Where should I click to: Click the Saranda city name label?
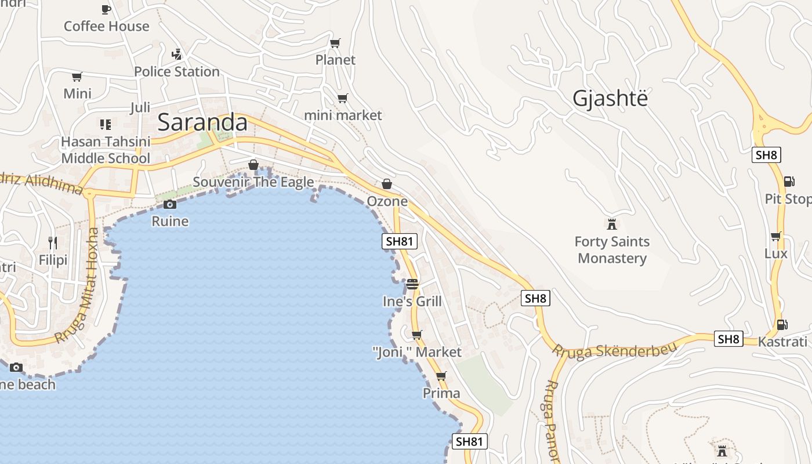[x=202, y=122]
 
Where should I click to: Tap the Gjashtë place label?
[x=610, y=99]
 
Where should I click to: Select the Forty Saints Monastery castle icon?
[x=611, y=224]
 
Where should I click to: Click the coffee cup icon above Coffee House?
[x=106, y=9]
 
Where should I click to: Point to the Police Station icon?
[x=177, y=55]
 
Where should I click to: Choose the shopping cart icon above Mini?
[x=77, y=77]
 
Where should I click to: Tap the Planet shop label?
[x=335, y=60]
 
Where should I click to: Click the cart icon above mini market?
[x=343, y=98]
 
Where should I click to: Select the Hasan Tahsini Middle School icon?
[x=105, y=124]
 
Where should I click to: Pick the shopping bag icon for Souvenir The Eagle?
[x=253, y=165]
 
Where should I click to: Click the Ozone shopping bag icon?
[x=387, y=184]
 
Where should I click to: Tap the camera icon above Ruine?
[x=170, y=204]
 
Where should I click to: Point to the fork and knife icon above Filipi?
[x=53, y=242]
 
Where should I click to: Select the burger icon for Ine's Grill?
[x=412, y=284]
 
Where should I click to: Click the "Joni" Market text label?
[x=416, y=352]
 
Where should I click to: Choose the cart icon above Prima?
[x=441, y=376]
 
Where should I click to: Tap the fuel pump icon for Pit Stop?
[x=789, y=182]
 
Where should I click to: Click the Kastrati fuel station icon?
[x=782, y=325]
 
